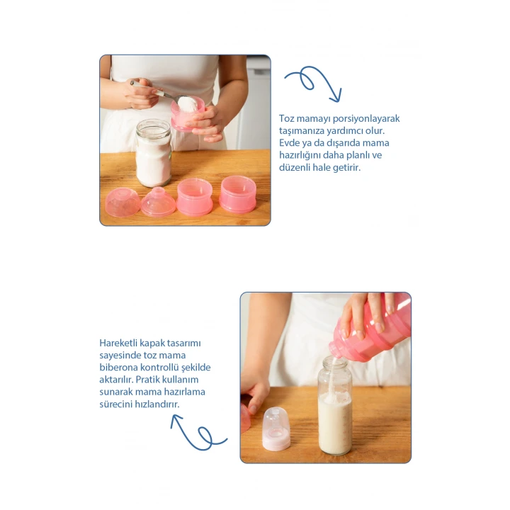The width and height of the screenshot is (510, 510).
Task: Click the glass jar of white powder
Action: [x=153, y=152]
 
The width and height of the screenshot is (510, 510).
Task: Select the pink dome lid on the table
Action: [x=123, y=202]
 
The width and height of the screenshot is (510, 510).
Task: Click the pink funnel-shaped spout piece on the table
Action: [x=159, y=202]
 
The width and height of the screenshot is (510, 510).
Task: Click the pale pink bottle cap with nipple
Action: [x=276, y=429]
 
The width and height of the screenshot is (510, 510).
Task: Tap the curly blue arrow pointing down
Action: [x=314, y=84]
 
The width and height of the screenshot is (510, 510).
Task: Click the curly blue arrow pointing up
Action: [x=199, y=432]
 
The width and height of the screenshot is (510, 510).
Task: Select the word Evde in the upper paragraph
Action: [x=288, y=143]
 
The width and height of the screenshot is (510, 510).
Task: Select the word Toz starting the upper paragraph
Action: [x=286, y=118]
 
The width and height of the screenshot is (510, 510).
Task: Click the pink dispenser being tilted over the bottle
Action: [x=370, y=329]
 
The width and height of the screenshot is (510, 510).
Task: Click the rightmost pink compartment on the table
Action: [x=237, y=195]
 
